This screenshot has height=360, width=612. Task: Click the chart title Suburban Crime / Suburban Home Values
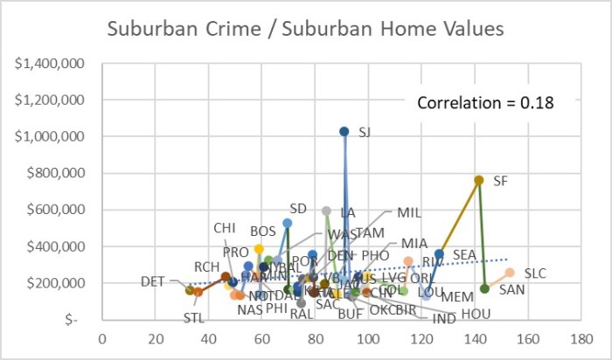[x=305, y=29]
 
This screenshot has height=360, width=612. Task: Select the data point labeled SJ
[x=344, y=131]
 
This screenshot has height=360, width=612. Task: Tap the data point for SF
[x=478, y=180]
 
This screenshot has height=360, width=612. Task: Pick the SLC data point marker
[x=510, y=273]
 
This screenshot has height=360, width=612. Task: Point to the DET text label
[x=153, y=281]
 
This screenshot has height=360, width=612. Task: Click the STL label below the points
[x=193, y=317]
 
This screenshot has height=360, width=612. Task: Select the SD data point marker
[x=287, y=223]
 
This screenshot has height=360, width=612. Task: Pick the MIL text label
[x=409, y=212]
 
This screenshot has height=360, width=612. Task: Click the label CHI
[x=225, y=228]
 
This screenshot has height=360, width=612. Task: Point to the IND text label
[x=444, y=319]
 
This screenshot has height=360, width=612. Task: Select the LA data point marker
[x=326, y=211]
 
